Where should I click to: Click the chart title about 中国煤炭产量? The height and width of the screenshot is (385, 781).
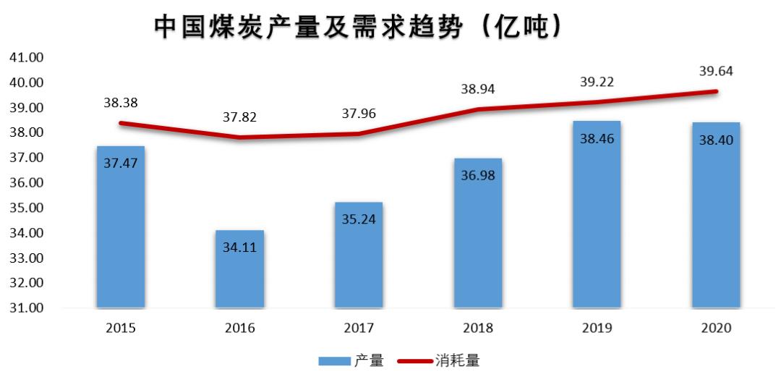pyautogui.click(x=358, y=27)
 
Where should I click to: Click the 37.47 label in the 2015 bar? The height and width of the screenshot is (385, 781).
pyautogui.click(x=121, y=163)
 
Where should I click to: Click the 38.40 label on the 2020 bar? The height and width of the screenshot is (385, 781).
pyautogui.click(x=716, y=140)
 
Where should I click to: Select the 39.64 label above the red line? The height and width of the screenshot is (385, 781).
pyautogui.click(x=716, y=71)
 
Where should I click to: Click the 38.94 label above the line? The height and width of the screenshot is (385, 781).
pyautogui.click(x=478, y=89)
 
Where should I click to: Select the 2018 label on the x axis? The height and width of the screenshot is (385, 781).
pyautogui.click(x=477, y=328)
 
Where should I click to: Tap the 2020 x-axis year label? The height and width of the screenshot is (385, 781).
pyautogui.click(x=716, y=328)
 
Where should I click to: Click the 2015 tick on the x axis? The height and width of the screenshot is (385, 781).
pyautogui.click(x=121, y=328)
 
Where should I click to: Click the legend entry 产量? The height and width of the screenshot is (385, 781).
pyautogui.click(x=351, y=360)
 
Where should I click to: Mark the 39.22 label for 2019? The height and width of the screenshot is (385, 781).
pyautogui.click(x=597, y=82)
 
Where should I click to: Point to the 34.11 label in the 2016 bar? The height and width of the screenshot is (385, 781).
pyautogui.click(x=240, y=247)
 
